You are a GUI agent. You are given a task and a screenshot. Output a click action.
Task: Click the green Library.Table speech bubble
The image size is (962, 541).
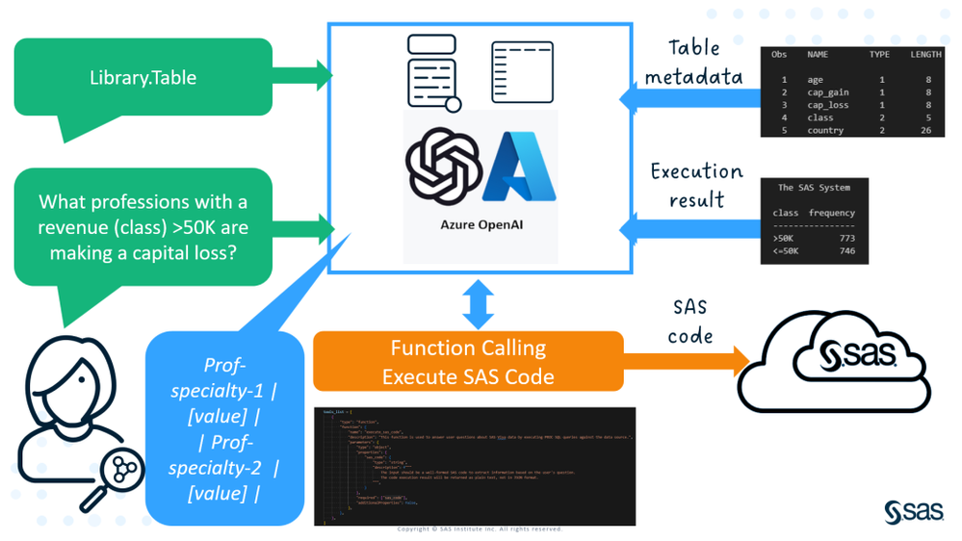[143, 77]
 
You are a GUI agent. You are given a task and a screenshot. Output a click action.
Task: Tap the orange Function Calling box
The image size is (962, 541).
[468, 361]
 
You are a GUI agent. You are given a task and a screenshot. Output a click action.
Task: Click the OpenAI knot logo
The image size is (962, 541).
[443, 167]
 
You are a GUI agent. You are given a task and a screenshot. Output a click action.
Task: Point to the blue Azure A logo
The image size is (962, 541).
[520, 167]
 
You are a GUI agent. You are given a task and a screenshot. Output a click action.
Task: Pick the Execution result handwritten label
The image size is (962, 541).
[696, 185]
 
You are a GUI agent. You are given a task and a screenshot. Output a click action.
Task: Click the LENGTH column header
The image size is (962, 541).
[925, 55]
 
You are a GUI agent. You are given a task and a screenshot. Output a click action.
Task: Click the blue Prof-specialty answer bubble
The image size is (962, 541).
[224, 428]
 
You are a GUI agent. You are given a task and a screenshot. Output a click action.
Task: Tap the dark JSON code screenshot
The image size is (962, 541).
[475, 466]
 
